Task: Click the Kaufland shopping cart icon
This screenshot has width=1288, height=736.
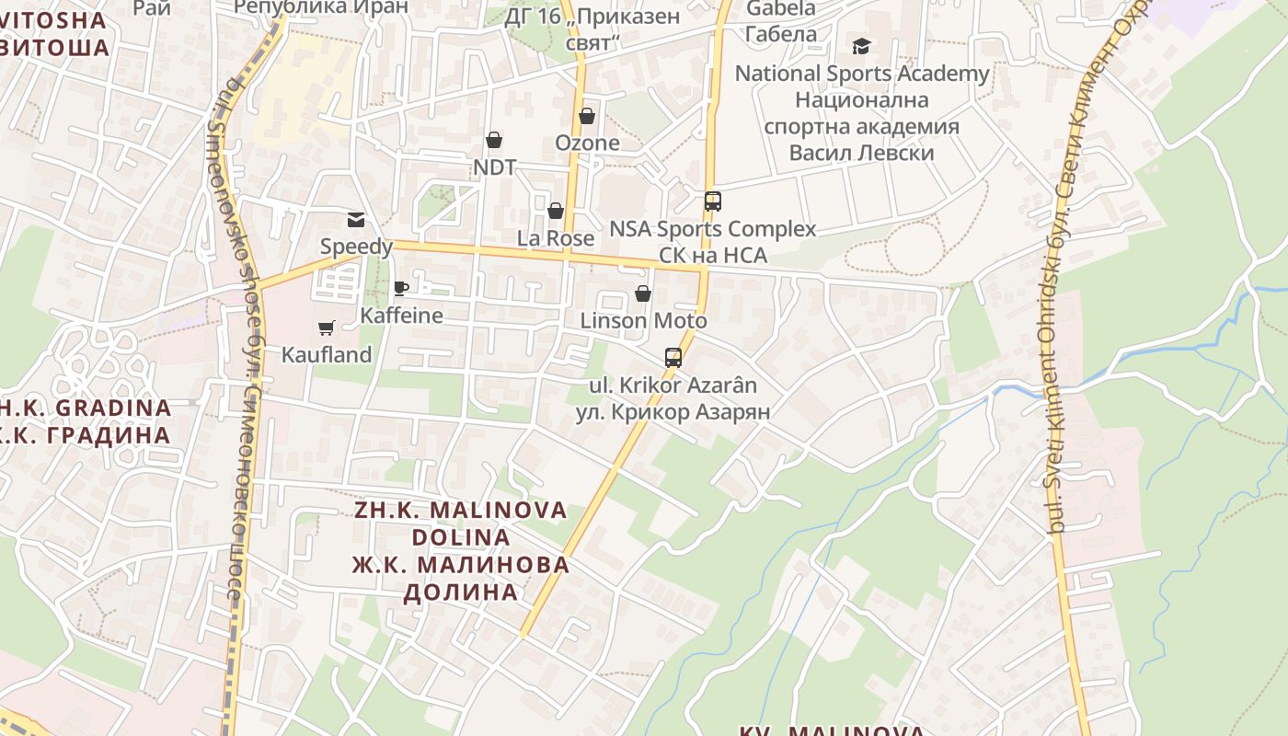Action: click(326, 328)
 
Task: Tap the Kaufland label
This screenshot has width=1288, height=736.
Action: click(327, 354)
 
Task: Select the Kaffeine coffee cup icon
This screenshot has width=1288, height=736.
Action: click(401, 288)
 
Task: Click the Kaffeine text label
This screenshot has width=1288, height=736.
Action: click(401, 316)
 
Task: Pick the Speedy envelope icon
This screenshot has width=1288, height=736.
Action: click(356, 220)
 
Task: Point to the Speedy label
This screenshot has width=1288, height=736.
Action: click(356, 247)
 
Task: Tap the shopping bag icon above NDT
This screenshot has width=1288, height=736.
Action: click(494, 140)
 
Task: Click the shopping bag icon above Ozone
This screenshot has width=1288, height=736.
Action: click(587, 116)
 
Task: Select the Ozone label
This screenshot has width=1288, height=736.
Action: click(587, 144)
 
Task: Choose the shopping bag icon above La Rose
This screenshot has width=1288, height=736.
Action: click(556, 211)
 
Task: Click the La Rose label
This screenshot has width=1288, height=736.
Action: click(556, 238)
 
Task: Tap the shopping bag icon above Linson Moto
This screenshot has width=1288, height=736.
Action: click(643, 293)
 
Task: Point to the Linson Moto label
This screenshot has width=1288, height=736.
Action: click(643, 321)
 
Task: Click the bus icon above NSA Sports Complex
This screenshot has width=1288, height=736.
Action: click(713, 201)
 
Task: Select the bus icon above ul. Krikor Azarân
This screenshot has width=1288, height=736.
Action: click(673, 357)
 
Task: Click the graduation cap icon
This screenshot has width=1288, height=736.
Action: click(861, 46)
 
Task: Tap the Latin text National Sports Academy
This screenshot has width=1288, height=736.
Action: click(862, 74)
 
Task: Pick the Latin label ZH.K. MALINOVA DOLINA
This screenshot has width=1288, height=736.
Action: click(461, 523)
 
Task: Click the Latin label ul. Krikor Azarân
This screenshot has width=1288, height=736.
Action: click(673, 385)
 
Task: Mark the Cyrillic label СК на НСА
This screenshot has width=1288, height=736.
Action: click(713, 256)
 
